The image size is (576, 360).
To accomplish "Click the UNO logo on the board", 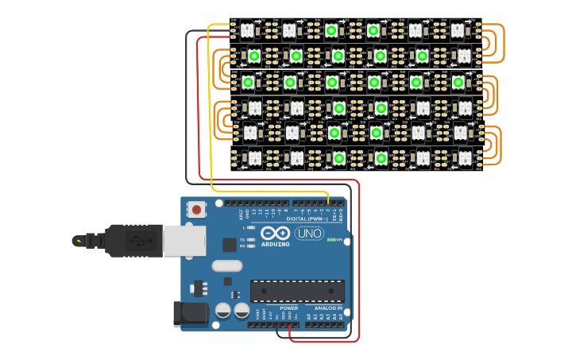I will [309, 234].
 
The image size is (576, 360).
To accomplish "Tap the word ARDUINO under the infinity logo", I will [276, 244].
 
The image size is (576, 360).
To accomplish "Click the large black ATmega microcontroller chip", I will [297, 291].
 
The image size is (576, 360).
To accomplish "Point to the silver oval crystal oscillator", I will [226, 266].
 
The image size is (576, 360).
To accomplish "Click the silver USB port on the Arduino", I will [184, 240].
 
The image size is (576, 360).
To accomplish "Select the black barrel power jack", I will [191, 313].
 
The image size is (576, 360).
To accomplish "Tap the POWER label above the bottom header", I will [289, 308].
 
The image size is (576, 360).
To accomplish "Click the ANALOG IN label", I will [329, 308].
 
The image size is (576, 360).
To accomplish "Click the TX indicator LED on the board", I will [252, 239].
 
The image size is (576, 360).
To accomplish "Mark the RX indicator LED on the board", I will [252, 246].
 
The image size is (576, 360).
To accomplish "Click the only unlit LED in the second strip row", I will [463, 56].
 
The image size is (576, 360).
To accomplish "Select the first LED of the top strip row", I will [247, 30].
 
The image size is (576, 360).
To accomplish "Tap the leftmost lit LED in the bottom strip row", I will [339, 158].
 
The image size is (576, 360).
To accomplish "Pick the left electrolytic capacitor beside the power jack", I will [224, 310].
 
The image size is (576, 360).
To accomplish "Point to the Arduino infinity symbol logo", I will [276, 234].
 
